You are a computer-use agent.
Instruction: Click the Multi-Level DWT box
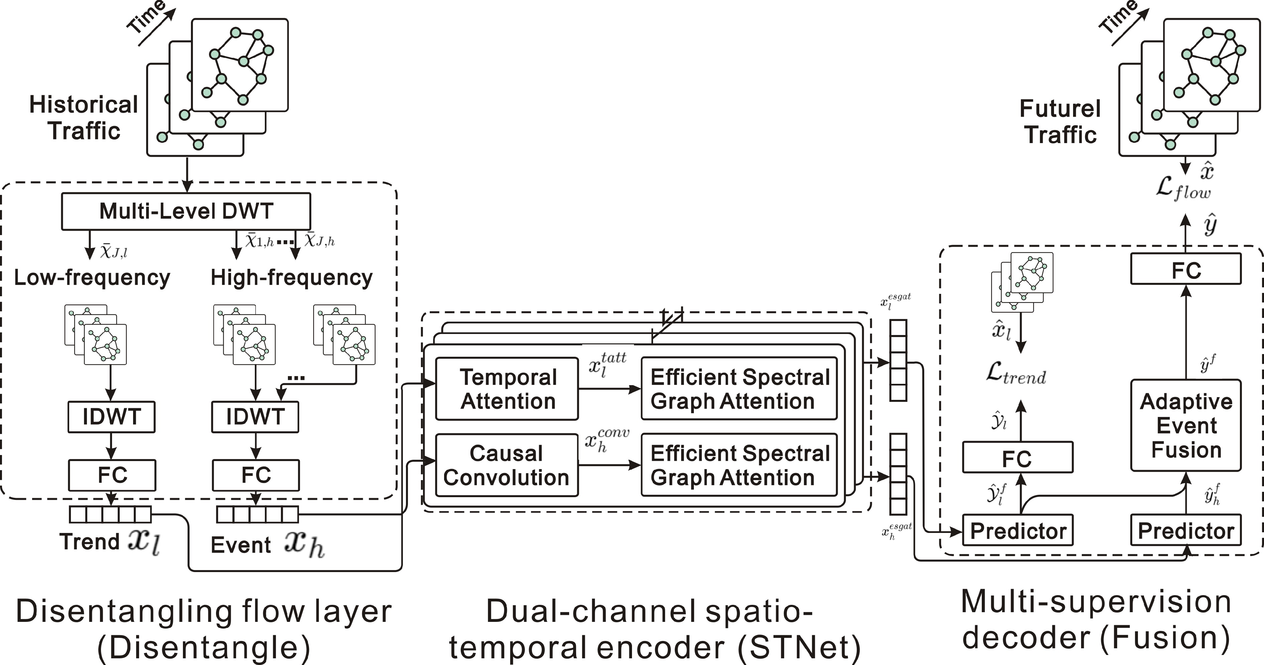(186, 211)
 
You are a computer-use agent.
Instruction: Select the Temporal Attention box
(507, 389)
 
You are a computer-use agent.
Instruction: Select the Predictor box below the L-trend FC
(1018, 530)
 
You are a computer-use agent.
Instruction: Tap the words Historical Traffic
(83, 118)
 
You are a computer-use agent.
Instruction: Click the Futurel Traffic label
(1060, 121)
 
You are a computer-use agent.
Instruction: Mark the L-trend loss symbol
(1016, 374)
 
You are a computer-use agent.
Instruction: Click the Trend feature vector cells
(110, 514)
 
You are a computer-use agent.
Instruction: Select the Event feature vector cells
(257, 514)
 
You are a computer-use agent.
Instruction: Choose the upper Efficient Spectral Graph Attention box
(739, 389)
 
